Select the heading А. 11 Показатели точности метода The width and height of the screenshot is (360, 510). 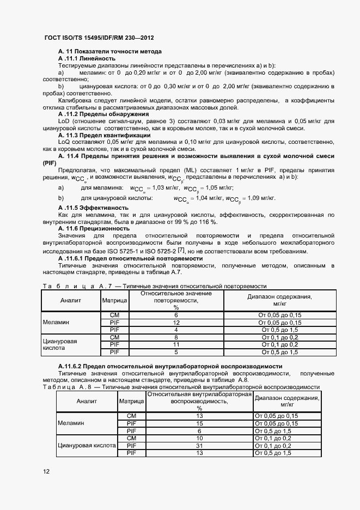click(x=109, y=51)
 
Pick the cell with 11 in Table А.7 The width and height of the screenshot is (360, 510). click(x=176, y=344)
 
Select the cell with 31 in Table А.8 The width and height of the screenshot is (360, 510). click(x=199, y=446)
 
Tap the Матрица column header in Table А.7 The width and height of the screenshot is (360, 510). click(x=114, y=300)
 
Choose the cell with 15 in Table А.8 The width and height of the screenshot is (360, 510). click(x=199, y=423)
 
